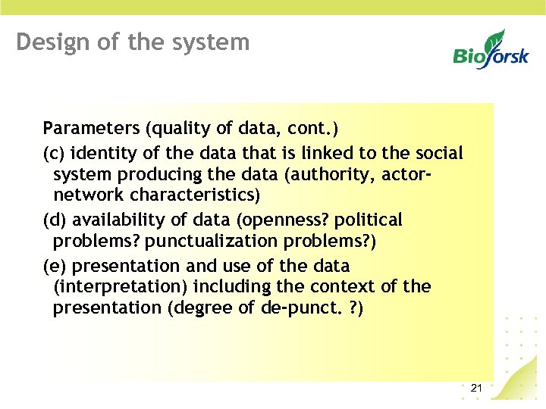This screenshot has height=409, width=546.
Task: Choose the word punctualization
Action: point(216,241)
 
